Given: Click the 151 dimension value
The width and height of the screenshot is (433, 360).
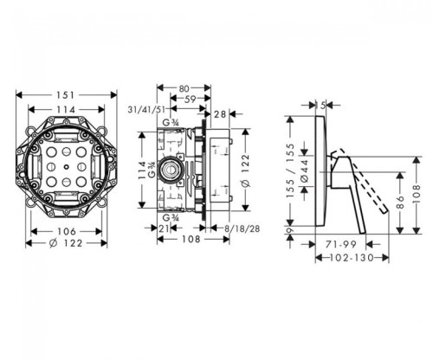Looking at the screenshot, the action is pyautogui.click(x=66, y=94).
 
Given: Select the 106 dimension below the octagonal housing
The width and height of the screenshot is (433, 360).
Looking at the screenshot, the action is pyautogui.click(x=67, y=231).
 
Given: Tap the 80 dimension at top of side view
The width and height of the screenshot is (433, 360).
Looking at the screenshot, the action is pyautogui.click(x=184, y=88).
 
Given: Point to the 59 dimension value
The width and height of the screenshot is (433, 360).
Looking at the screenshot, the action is pyautogui.click(x=190, y=99).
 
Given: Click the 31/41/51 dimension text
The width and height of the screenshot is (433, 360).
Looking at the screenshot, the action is pyautogui.click(x=146, y=110).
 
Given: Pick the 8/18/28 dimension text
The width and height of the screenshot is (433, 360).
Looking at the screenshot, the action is pyautogui.click(x=242, y=228).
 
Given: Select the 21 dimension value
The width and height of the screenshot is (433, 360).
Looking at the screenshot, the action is pyautogui.click(x=165, y=228).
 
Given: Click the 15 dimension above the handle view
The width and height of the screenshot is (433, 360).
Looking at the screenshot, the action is pyautogui.click(x=320, y=106).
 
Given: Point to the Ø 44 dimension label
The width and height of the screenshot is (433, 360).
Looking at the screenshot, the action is pyautogui.click(x=305, y=171).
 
